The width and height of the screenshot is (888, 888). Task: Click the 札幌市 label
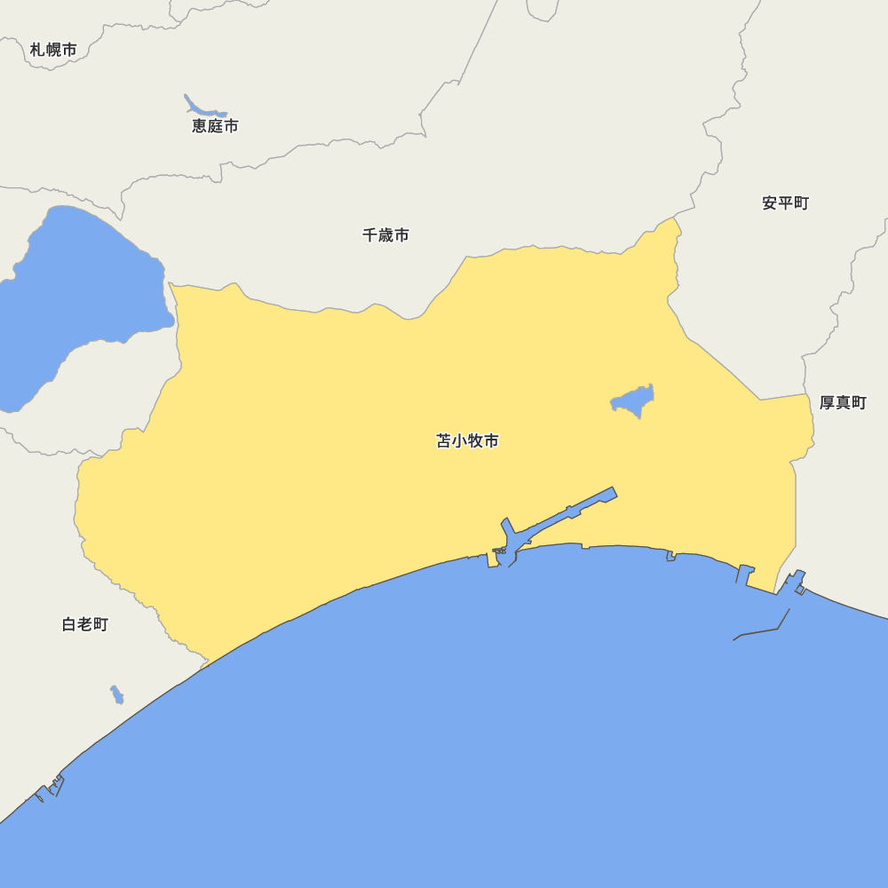coord(53,50)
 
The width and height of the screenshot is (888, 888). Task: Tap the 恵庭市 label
coord(215,126)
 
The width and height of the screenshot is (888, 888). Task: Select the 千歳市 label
coord(386,235)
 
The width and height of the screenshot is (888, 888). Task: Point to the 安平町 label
coord(786,203)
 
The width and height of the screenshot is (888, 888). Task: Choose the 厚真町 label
coord(843,403)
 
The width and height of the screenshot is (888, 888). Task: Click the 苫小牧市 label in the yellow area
coord(468,440)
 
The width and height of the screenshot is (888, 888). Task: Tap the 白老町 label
coord(85,624)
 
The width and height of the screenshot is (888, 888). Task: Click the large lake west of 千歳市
coord(80,284)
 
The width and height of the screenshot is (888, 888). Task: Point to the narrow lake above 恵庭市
coord(201,107)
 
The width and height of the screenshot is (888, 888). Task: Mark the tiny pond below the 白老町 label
coord(116,694)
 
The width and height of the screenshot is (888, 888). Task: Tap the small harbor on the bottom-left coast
coord(51,789)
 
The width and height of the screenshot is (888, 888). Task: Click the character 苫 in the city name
coord(444,440)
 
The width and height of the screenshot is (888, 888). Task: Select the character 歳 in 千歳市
coord(386,235)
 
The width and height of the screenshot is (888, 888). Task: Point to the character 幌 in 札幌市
coord(53,50)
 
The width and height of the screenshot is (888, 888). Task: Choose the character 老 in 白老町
coord(85,624)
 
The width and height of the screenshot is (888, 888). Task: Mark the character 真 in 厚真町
coord(843,403)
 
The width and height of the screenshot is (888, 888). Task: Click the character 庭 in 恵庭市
coord(215,126)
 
